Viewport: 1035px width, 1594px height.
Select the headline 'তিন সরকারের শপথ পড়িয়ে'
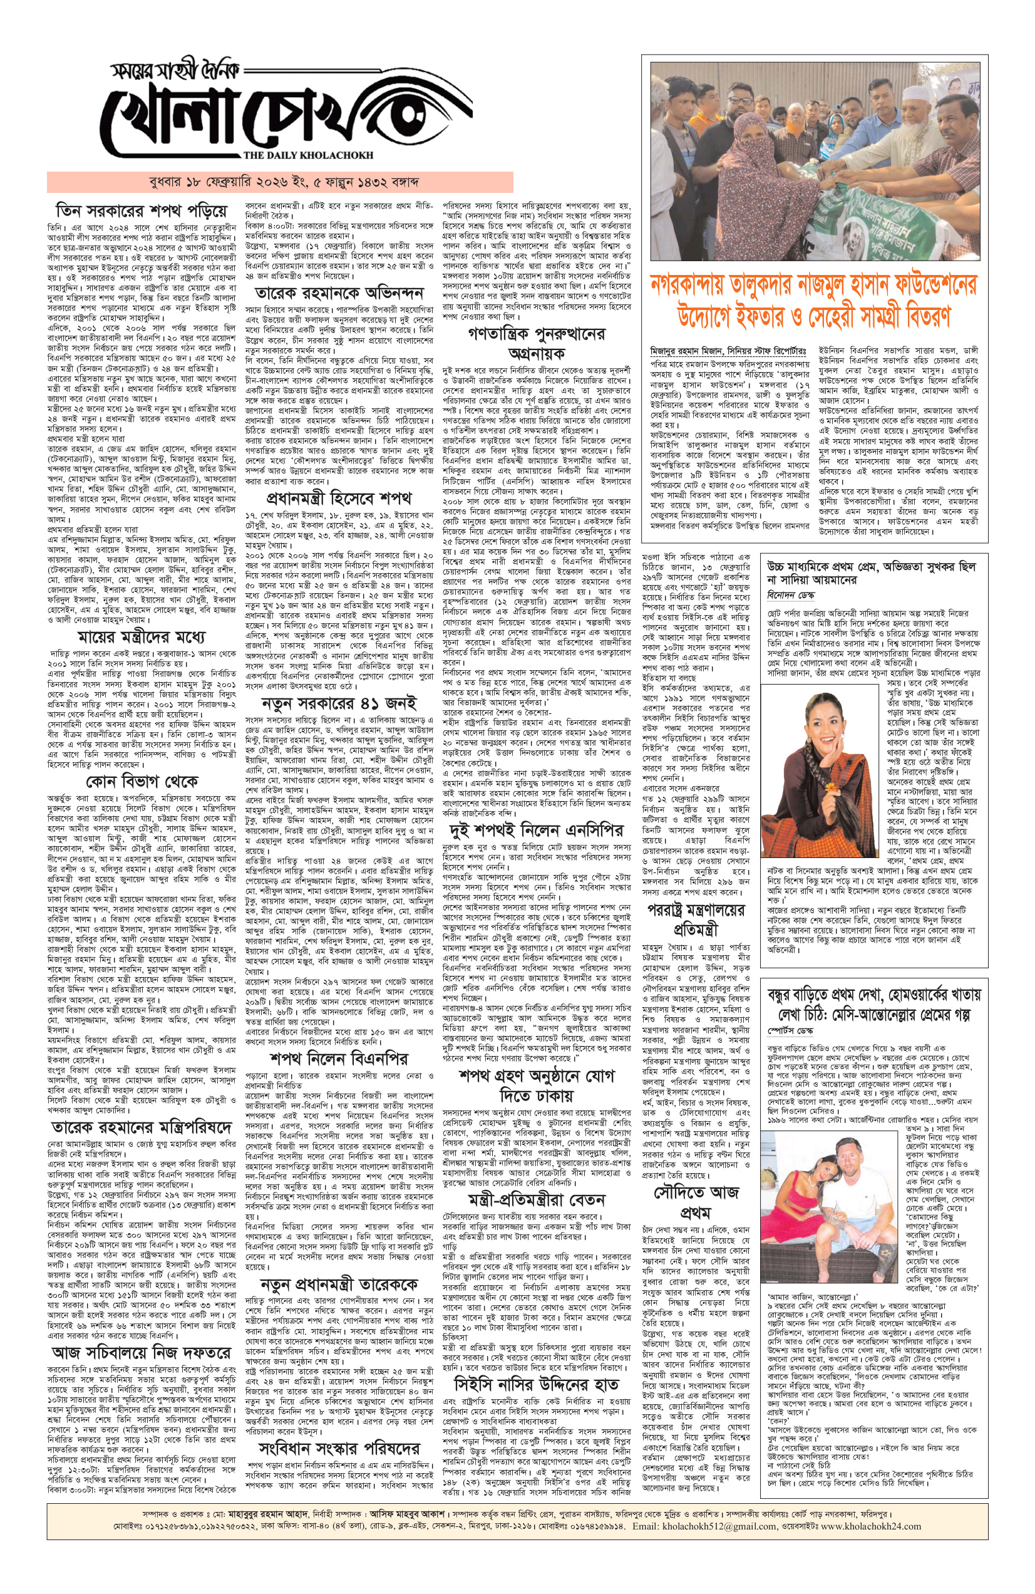point(142,211)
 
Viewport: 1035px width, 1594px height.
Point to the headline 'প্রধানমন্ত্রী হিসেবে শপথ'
point(338,499)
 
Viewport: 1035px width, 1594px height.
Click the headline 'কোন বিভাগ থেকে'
point(142,781)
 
